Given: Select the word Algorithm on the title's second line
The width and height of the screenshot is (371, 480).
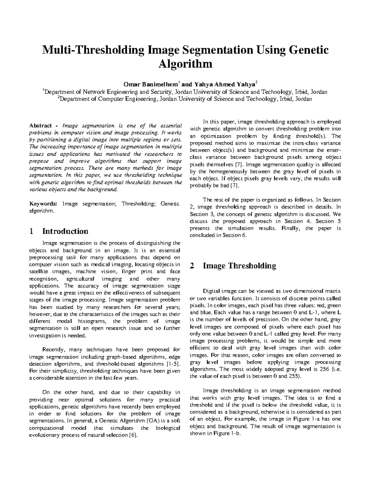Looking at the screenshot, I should pyautogui.click(x=185, y=64).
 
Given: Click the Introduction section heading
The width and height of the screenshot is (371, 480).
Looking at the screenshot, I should pyautogui.click(x=65, y=231).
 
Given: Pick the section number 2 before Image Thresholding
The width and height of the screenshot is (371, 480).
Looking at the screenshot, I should pyautogui.click(x=192, y=266).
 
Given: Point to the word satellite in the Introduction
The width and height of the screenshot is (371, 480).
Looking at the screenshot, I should pyautogui.click(x=38, y=272).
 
